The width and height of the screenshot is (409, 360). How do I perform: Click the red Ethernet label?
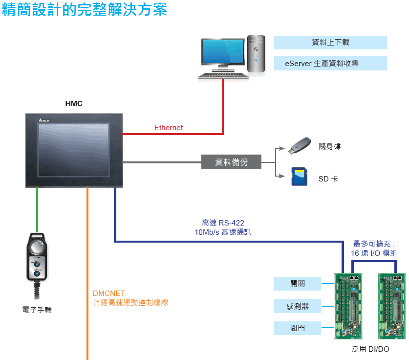click(x=169, y=128)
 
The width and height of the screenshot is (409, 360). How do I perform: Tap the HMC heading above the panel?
click(x=74, y=104)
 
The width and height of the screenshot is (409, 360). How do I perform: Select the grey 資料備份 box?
click(x=231, y=162)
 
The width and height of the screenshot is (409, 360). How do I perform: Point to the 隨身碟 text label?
click(x=329, y=146)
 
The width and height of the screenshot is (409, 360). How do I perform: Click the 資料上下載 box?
click(x=330, y=43)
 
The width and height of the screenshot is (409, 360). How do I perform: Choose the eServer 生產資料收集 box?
click(x=330, y=63)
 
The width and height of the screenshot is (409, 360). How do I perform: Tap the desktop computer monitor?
click(x=222, y=55)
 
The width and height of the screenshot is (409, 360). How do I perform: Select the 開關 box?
click(x=298, y=283)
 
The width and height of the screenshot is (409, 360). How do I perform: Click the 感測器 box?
click(x=298, y=307)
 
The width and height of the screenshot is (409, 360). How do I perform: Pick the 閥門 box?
click(x=298, y=328)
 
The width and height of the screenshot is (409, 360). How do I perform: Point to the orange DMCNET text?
click(x=109, y=293)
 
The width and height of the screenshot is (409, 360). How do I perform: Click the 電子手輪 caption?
click(x=37, y=310)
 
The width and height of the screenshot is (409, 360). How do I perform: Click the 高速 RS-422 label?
click(x=223, y=223)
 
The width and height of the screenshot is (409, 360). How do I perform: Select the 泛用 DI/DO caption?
click(x=370, y=349)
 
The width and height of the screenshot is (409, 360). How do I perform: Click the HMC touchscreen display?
click(x=73, y=149)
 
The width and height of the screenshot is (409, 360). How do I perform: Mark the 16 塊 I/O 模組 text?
click(x=374, y=253)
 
